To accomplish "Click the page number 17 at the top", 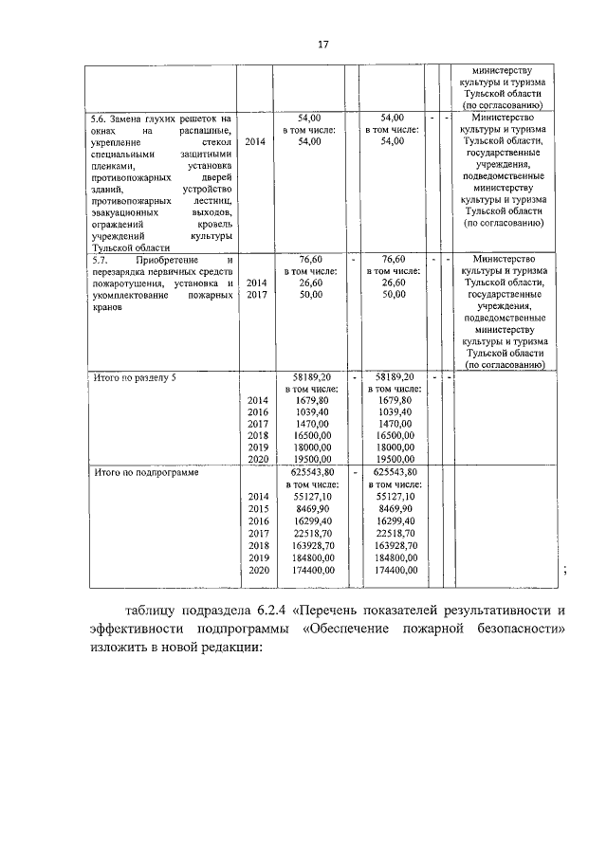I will tap(322, 45).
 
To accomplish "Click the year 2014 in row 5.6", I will tap(255, 141).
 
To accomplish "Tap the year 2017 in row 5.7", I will tap(255, 295).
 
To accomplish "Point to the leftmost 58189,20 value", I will tap(313, 377).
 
